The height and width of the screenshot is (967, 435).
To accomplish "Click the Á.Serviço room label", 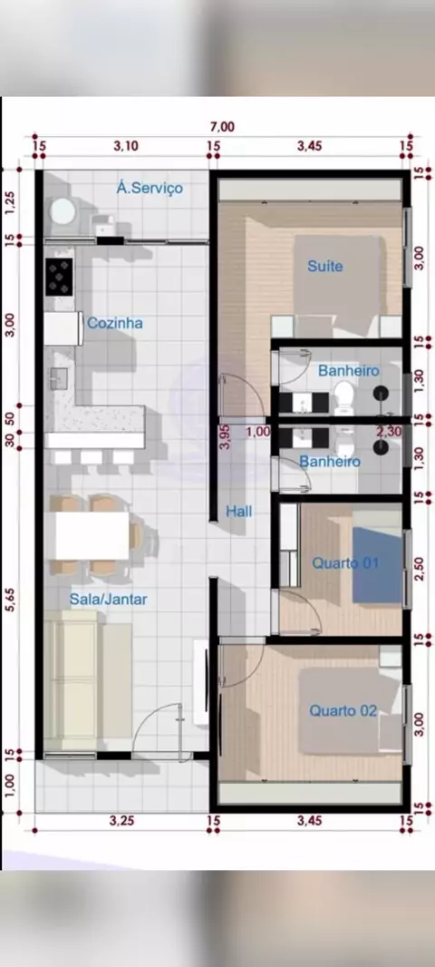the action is (x=150, y=188).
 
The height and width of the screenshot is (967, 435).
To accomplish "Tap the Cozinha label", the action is (x=115, y=323).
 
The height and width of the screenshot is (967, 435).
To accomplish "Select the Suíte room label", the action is (x=324, y=267).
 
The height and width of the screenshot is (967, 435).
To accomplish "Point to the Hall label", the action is (x=239, y=512).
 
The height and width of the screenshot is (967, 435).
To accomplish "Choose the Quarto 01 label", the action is (x=345, y=563).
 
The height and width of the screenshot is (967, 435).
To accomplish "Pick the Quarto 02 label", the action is (x=343, y=710).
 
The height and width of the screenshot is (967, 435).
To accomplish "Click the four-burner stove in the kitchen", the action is (x=59, y=277).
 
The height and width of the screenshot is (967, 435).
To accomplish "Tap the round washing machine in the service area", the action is (x=63, y=212).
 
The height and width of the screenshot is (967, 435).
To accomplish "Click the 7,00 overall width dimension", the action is (x=222, y=127).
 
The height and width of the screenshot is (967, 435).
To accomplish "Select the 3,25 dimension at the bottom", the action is (x=121, y=820).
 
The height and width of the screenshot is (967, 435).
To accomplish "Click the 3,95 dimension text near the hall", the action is (x=226, y=436).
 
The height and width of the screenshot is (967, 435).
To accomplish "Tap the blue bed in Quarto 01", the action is (x=376, y=564).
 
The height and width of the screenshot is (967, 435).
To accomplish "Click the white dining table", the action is (x=92, y=535).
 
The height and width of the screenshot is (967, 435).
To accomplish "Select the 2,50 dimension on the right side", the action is (x=420, y=569).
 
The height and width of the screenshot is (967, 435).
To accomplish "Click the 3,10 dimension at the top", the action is (x=126, y=145).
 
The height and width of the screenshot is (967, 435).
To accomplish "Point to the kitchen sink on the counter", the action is (x=59, y=378).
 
